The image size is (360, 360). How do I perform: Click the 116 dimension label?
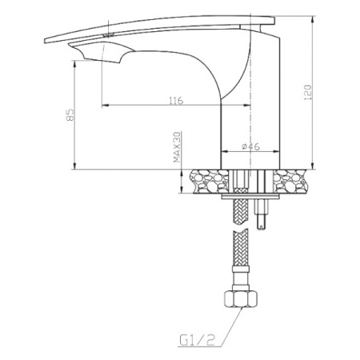(x=176, y=101)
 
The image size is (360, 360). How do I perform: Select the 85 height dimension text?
(x=70, y=114)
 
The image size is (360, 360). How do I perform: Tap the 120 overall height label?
(x=307, y=92)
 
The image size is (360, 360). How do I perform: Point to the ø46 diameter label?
(x=250, y=146)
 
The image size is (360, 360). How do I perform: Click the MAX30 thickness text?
(x=177, y=147)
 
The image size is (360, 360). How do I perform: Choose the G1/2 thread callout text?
(x=197, y=340)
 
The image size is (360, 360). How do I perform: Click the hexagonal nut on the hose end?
(x=241, y=298)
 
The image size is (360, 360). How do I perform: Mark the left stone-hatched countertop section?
(x=209, y=181)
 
